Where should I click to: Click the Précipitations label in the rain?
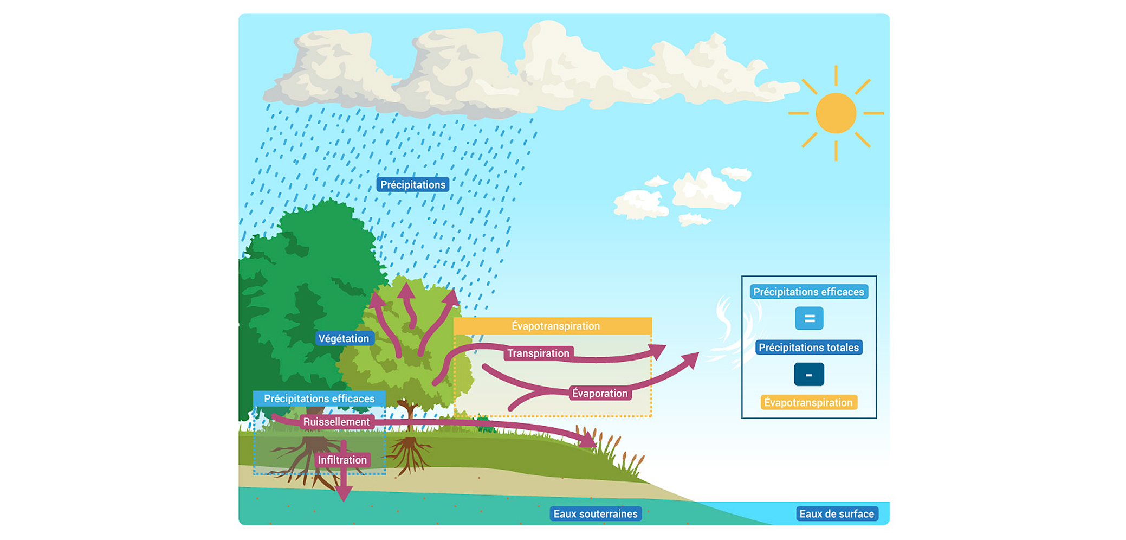[413, 185]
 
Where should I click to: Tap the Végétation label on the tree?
[344, 338]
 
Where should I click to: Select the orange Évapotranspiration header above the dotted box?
[553, 326]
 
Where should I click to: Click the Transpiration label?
[538, 353]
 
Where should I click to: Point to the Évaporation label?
[600, 393]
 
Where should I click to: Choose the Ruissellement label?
[336, 422]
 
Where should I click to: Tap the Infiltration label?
[342, 460]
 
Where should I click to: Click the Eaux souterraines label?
[596, 513]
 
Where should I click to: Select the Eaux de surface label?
[837, 513]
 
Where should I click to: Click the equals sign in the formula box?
[809, 319]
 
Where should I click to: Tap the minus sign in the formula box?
[809, 375]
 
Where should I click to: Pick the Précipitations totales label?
[808, 348]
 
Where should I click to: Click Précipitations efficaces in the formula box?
[808, 292]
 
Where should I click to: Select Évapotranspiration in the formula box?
[808, 402]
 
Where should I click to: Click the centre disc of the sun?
[836, 113]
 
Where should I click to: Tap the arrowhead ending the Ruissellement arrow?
[588, 440]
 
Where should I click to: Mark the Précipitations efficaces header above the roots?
[319, 398]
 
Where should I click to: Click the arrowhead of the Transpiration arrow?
[658, 351]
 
